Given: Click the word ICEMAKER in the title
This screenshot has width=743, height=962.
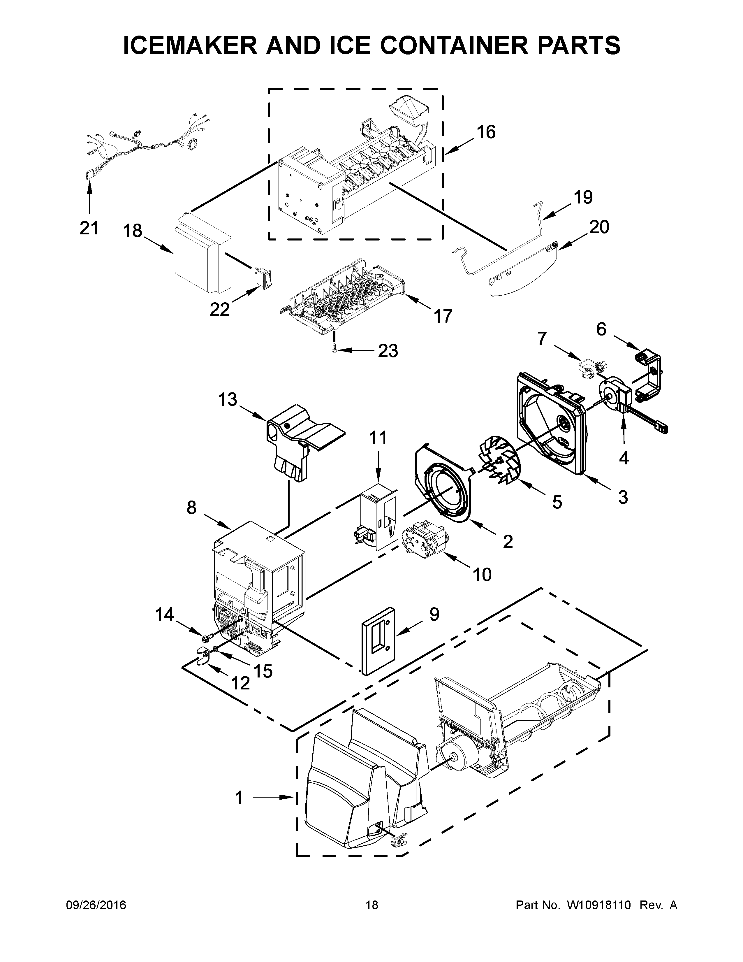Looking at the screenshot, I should [190, 45].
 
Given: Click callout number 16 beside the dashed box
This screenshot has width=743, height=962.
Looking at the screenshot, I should [486, 132].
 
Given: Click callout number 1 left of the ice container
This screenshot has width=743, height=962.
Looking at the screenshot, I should [239, 798].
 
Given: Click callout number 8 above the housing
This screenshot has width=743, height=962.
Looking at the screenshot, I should [191, 508].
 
